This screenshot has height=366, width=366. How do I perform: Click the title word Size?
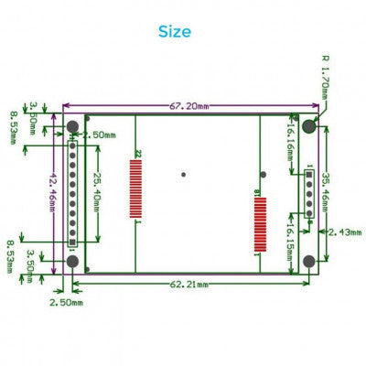(175, 31)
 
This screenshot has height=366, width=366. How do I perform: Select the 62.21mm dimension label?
(187, 285)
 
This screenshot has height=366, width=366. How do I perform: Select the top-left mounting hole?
(72, 125)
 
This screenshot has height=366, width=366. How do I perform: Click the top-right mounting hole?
(309, 125)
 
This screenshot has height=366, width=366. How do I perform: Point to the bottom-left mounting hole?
(72, 262)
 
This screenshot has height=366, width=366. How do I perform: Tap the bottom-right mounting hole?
(309, 262)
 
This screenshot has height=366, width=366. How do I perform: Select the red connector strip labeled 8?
(259, 222)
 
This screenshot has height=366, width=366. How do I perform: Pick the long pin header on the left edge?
(72, 194)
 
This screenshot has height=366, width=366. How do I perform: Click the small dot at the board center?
(184, 174)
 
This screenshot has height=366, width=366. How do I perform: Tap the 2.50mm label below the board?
(65, 300)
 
